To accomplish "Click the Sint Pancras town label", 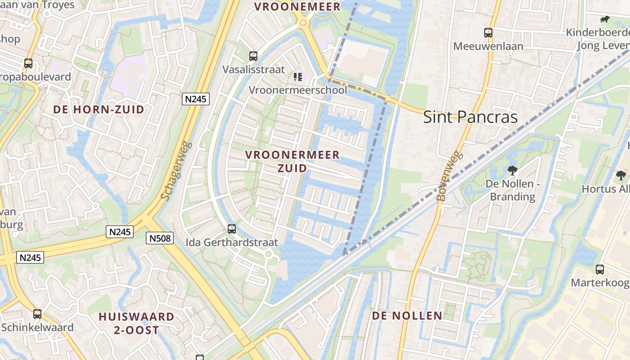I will tap(470, 117).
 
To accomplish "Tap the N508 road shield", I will tap(160, 238).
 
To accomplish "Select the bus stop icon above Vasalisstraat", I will tap(253, 56).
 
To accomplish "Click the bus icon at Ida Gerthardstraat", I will tap(232, 229).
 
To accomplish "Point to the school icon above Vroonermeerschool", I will tap(298, 77).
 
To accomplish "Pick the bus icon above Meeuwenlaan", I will tap(488, 33).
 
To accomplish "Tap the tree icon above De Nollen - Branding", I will tap(512, 170).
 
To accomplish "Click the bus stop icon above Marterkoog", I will tap(600, 270).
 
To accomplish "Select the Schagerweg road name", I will tap(176, 171).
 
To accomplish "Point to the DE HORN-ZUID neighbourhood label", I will tap(99, 109).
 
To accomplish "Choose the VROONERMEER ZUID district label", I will tap(292, 161).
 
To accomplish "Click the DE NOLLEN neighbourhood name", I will tap(407, 316).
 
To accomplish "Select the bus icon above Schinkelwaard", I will tap(37, 314).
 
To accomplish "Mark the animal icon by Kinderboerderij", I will tap(604, 19).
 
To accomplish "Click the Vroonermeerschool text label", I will tap(298, 90).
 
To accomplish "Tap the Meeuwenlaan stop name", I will tap(488, 46).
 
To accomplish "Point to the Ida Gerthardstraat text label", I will tap(232, 242).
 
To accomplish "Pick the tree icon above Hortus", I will tap(621, 175).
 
